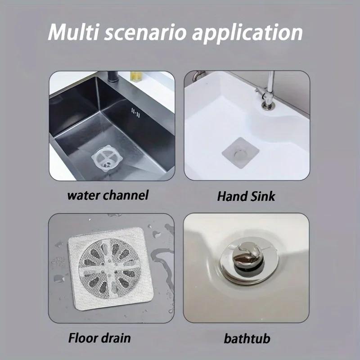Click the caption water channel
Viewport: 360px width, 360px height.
(108, 195)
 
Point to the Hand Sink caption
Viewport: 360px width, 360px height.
(246, 196)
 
